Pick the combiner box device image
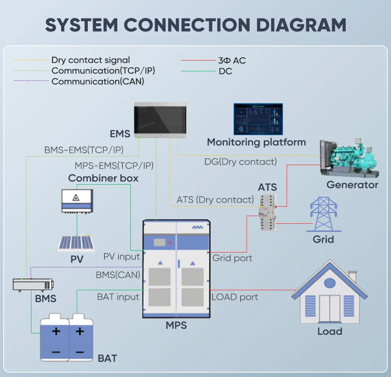pyautogui.click(x=77, y=201)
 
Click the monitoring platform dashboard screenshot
pyautogui.click(x=258, y=119)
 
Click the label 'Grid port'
pyautogui.click(x=232, y=258)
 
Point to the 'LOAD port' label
pyautogui.click(x=235, y=297)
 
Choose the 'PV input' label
pyautogui.click(x=121, y=256)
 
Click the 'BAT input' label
pyautogui.click(x=118, y=297)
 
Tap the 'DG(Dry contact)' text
pyautogui.click(x=241, y=162)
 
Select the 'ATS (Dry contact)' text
pyautogui.click(x=215, y=200)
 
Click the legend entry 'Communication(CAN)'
pyautogui.click(x=98, y=81)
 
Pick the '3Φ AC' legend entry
pyautogui.click(x=232, y=60)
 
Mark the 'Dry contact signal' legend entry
pyautogui.click(x=91, y=60)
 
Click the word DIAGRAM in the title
pyautogui.click(x=301, y=25)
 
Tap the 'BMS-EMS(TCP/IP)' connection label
pyautogui.click(x=84, y=150)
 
